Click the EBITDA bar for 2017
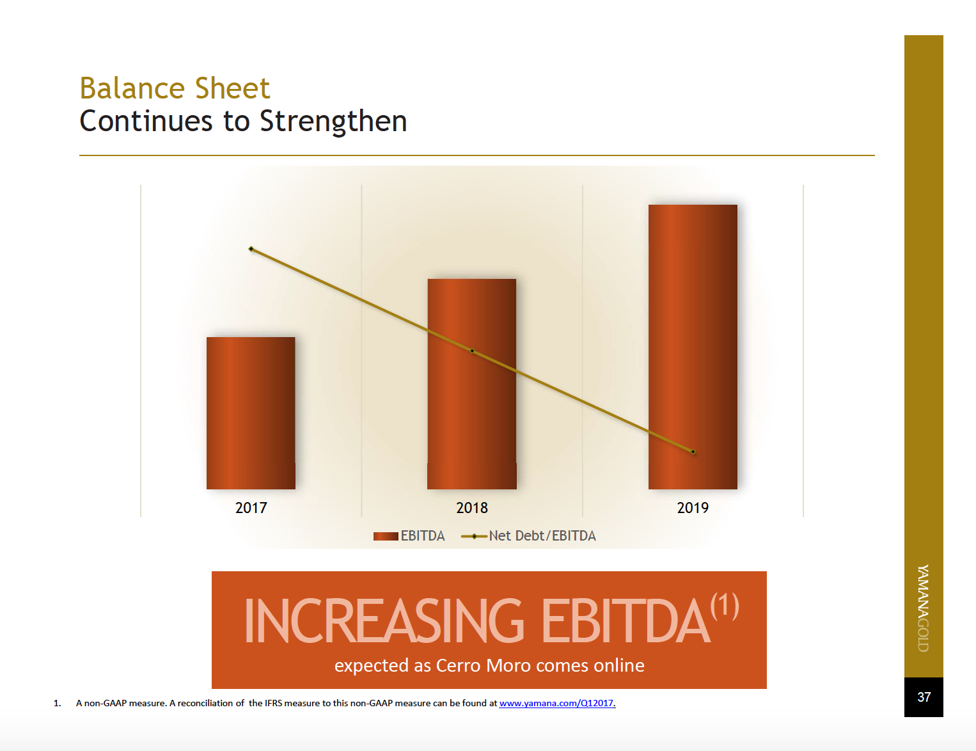pos(251,413)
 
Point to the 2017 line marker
pos(251,249)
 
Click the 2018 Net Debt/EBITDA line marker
pos(472,351)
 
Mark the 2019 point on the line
pos(693,452)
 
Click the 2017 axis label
pos(251,508)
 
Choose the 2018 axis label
pos(472,508)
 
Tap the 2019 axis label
pos(693,508)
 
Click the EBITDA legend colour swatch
pos(386,536)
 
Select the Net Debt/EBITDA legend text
pos(542,536)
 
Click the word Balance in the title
pos(133,88)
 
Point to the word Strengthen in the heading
pos(333,122)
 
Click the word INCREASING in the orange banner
pos(384,621)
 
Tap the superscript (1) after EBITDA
pos(725,606)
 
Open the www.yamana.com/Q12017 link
pos(556,703)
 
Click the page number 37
pos(924,697)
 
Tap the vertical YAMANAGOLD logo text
pos(923,608)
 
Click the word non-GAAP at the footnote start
pos(105,703)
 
